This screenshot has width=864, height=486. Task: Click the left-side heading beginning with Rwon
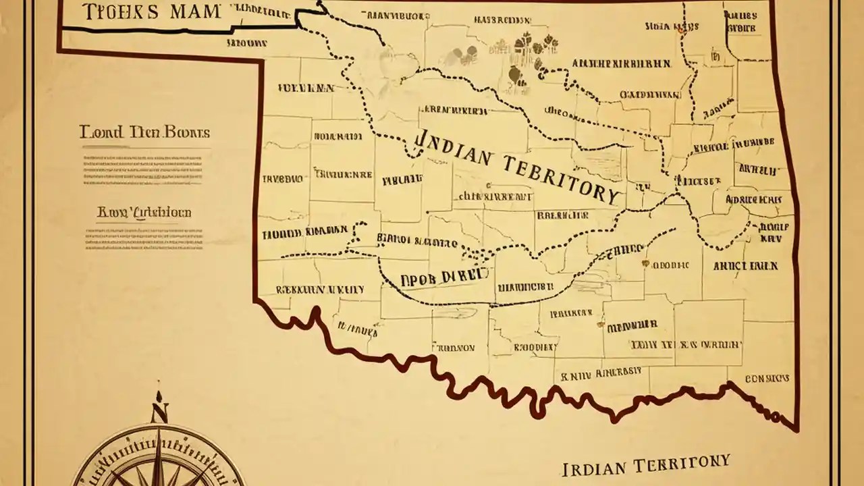point(144,213)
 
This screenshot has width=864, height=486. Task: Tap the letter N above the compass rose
point(159,412)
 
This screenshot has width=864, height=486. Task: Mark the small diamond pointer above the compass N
point(159,395)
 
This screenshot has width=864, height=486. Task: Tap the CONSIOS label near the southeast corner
point(767,379)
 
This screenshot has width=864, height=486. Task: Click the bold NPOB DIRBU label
point(444,276)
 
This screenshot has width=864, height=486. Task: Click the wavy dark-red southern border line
point(473,385)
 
